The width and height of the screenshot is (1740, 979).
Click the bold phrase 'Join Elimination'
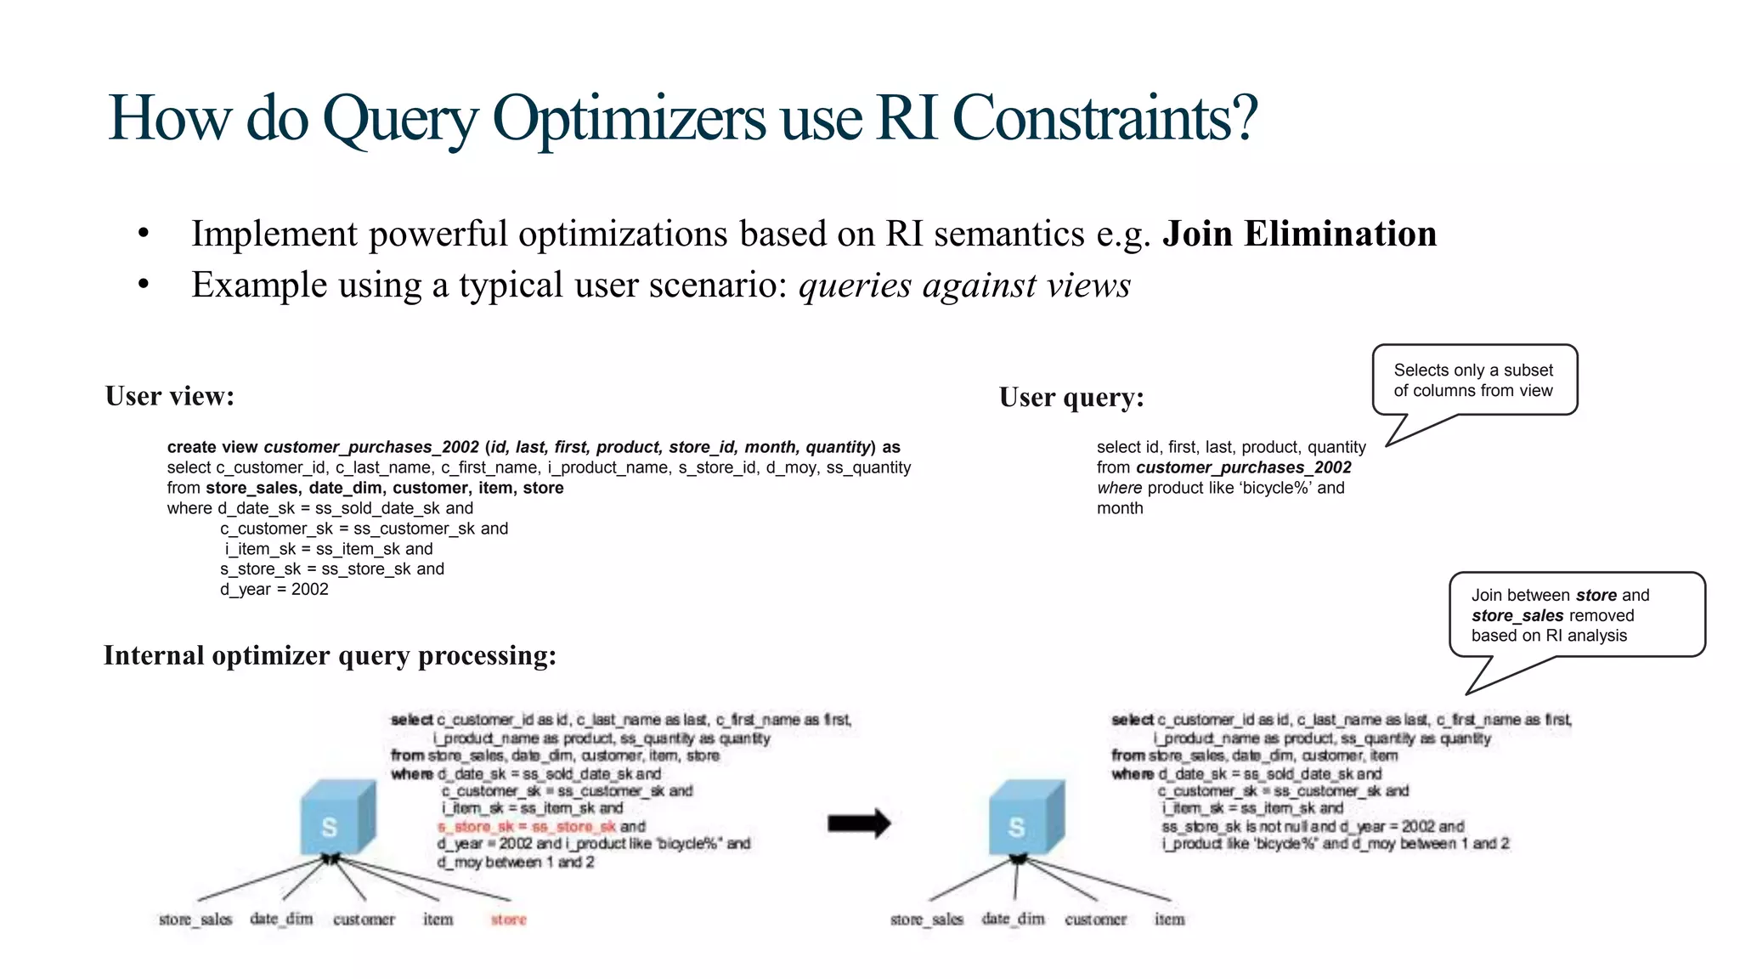(1299, 234)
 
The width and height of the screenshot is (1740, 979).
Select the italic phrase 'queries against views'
(964, 286)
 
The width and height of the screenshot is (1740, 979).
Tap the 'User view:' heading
(170, 396)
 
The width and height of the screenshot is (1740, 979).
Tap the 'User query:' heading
(1071, 398)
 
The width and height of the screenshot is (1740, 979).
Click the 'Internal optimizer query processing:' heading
(330, 655)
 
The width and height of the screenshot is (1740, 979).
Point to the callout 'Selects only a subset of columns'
(1473, 381)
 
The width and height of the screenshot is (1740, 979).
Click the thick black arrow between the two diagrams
(858, 823)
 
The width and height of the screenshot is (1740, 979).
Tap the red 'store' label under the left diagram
(508, 920)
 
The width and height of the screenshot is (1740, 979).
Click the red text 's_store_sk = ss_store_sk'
(527, 826)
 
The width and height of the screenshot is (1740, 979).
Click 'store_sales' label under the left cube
(195, 920)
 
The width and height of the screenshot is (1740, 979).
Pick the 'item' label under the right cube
(1169, 920)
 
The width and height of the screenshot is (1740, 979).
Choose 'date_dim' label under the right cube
(1013, 920)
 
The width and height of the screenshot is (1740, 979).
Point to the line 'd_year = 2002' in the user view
(274, 590)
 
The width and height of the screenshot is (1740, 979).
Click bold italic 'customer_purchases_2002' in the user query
(1243, 467)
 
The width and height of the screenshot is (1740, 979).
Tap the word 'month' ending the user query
(1120, 508)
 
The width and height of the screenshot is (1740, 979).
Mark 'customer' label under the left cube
(364, 920)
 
